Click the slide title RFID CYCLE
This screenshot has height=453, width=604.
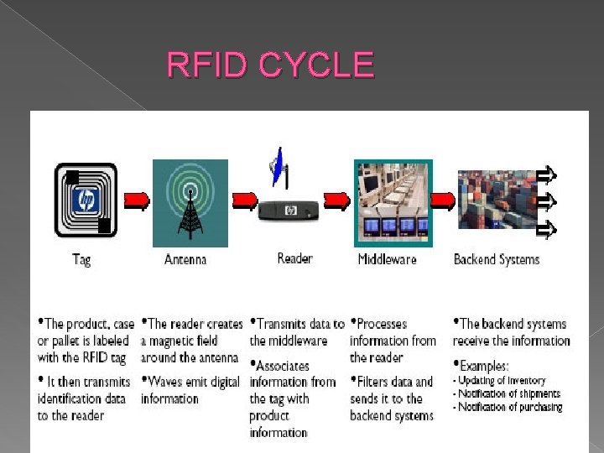(x=270, y=65)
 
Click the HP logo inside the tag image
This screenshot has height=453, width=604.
(x=85, y=200)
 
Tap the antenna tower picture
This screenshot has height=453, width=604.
(x=190, y=203)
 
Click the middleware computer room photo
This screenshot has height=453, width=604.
(x=393, y=203)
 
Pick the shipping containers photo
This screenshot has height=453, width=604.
(x=497, y=200)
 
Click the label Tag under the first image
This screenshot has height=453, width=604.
(x=81, y=259)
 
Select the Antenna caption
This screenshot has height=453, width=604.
(x=185, y=259)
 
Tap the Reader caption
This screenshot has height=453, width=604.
(x=294, y=258)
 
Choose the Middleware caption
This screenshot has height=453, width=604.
(x=387, y=259)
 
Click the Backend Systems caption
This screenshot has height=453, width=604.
(x=497, y=259)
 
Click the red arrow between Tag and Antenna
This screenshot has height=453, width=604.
(x=137, y=200)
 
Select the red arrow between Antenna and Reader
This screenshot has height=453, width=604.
(x=245, y=200)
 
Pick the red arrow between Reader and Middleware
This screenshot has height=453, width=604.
(x=337, y=200)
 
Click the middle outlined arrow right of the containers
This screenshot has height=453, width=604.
(x=546, y=200)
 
